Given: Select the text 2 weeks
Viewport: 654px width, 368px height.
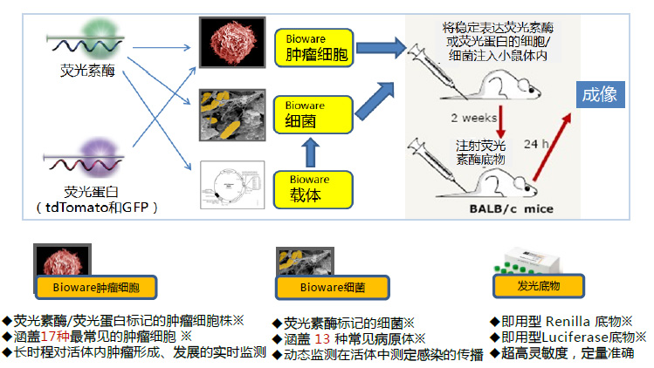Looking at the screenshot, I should click(472, 117).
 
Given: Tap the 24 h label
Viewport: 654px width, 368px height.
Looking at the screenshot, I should click(535, 143).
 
